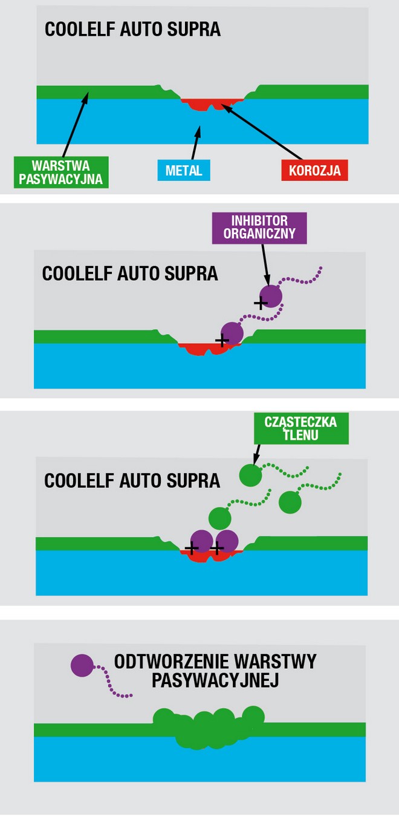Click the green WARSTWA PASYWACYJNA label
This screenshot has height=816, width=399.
click(x=61, y=172)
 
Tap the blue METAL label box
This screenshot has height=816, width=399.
click(x=184, y=170)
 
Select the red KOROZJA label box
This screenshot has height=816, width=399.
click(x=314, y=170)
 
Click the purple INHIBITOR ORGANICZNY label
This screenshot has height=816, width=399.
click(x=259, y=227)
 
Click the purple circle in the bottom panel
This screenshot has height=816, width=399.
click(x=82, y=665)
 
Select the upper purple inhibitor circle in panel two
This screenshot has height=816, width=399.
click(x=270, y=296)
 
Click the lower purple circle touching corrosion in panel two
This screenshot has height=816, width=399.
click(x=232, y=333)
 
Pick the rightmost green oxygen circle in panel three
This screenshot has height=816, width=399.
click(x=290, y=502)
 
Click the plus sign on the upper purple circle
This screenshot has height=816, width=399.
click(x=261, y=303)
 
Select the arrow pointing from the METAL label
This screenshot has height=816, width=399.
click(x=195, y=142)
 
